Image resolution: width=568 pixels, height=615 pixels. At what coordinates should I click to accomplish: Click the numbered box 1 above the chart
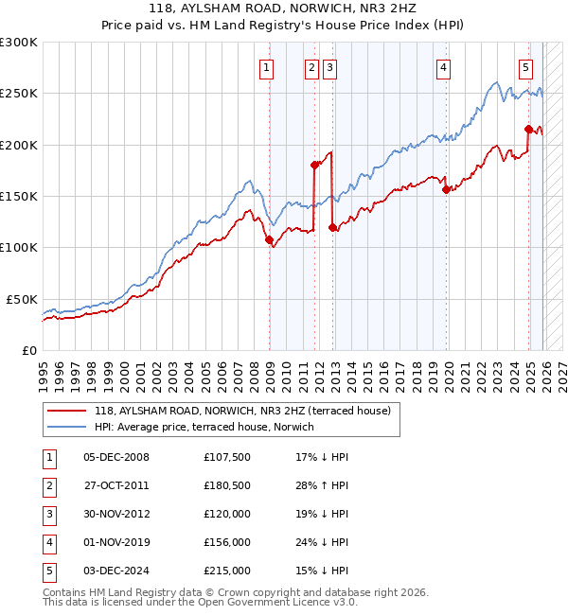[x=267, y=67]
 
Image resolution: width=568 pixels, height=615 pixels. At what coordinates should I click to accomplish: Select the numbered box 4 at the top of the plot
[x=443, y=67]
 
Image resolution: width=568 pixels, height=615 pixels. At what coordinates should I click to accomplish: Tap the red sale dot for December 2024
[x=528, y=129]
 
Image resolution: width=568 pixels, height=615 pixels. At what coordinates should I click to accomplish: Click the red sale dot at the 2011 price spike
[x=315, y=165]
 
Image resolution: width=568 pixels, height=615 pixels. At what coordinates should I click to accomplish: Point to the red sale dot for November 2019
[x=446, y=189]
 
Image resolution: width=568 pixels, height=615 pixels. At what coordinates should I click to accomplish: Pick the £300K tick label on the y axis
[x=19, y=43]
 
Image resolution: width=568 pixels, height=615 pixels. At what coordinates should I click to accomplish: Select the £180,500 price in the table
[x=227, y=485]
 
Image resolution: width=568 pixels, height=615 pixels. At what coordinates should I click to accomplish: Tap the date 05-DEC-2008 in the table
[x=115, y=457]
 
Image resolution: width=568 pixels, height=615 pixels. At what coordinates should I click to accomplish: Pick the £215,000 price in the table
[x=227, y=571]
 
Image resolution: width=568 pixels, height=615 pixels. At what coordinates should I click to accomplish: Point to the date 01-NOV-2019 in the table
[x=115, y=542]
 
